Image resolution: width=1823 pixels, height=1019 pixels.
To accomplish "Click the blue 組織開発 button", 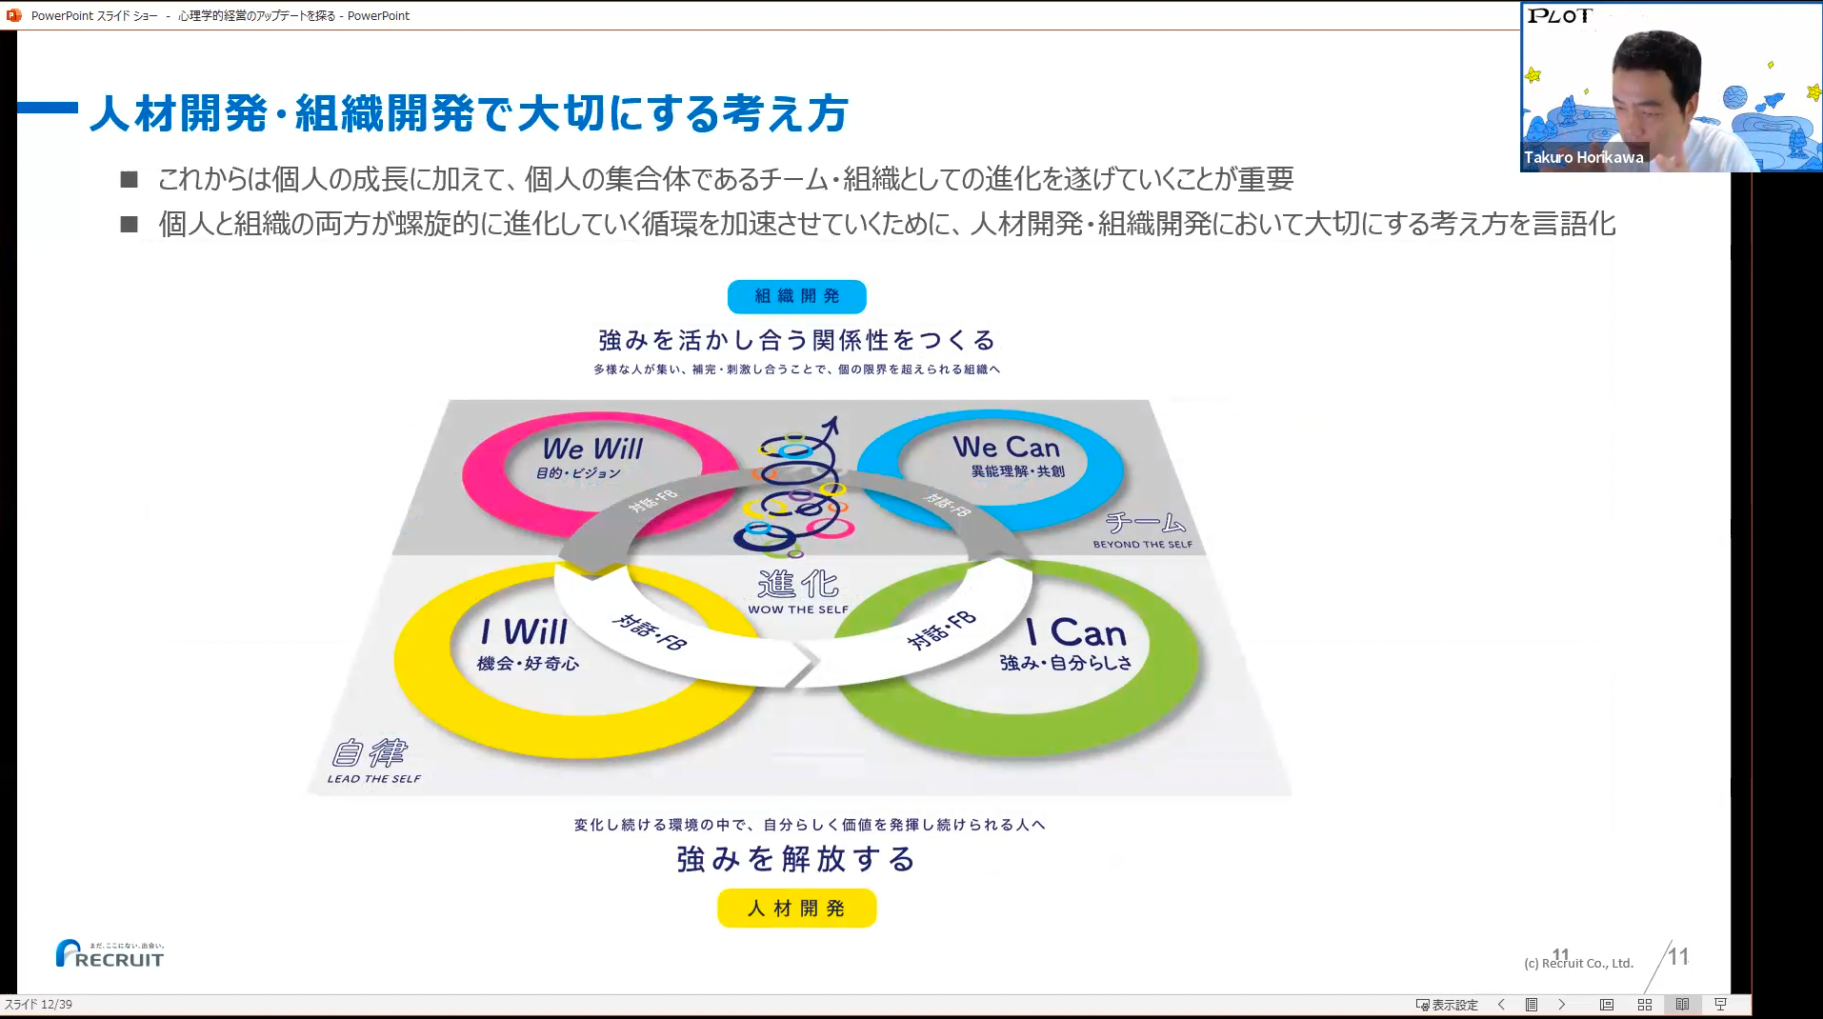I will coord(796,296).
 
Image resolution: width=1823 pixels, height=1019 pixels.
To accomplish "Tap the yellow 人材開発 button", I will coord(796,908).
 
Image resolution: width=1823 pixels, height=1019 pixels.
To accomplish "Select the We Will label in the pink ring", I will coord(592,449).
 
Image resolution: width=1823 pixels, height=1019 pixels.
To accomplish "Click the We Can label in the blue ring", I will coord(1006,447).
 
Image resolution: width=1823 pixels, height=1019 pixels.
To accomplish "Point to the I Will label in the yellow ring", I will coord(524,631).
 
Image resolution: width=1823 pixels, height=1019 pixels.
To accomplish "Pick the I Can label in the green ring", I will coord(1076,633).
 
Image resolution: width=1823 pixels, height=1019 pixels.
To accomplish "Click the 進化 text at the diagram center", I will coord(798,584).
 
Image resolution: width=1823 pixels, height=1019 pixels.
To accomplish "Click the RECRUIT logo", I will coord(110,954).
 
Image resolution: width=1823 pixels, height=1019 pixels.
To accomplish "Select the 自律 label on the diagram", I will coord(370,753).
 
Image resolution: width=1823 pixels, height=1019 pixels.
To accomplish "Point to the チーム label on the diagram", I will coord(1146,523).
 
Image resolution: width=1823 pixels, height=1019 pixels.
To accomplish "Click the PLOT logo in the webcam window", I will coord(1559,16).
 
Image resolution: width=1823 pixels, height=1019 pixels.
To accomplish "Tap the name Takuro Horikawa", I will coord(1583,158).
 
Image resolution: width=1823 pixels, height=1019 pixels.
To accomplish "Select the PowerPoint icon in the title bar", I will coord(13,15).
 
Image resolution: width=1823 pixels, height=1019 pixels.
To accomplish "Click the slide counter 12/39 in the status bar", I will coord(38,1005).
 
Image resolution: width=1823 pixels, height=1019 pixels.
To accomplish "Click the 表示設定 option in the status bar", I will coord(1447,1005).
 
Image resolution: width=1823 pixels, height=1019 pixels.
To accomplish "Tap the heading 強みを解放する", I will coord(796,859).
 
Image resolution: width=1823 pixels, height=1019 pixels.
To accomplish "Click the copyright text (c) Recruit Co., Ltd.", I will coord(1579,963).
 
